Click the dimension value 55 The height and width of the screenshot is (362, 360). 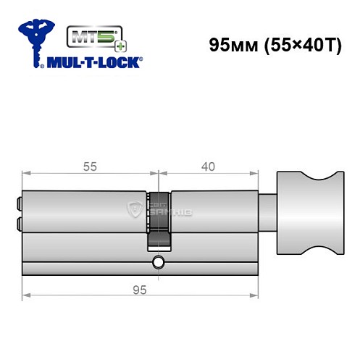coord(89,166)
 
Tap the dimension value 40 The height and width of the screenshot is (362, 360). coord(208,166)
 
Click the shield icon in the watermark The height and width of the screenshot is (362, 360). coord(135,211)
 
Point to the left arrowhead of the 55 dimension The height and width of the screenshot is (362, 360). coord(26,174)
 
